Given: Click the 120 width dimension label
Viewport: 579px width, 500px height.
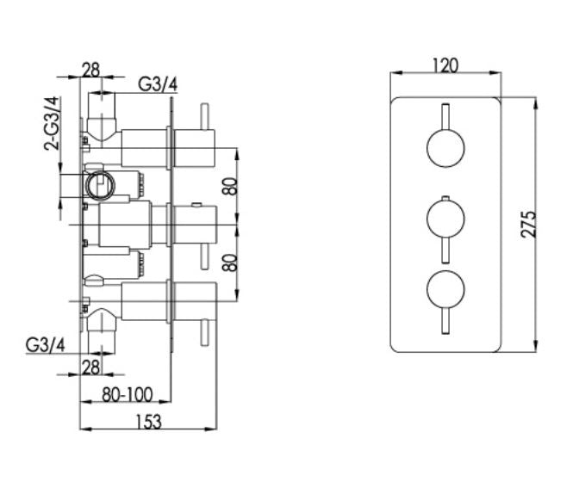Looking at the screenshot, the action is (x=445, y=65).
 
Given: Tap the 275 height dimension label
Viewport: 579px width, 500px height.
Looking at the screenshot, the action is (x=528, y=225).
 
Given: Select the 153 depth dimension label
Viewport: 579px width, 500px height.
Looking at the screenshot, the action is (x=148, y=422).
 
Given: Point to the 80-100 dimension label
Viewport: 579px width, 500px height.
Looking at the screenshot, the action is (x=127, y=394).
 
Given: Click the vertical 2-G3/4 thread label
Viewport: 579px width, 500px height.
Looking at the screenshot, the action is (x=52, y=124).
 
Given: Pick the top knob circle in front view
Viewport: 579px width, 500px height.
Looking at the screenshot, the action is (x=445, y=148).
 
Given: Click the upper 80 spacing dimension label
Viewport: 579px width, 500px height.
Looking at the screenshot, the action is (x=231, y=187).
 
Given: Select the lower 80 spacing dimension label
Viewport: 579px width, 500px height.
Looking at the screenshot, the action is (x=231, y=262).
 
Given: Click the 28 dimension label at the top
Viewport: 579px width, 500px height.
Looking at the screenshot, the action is (x=90, y=70).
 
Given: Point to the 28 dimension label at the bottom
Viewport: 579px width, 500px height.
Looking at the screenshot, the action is (x=90, y=367).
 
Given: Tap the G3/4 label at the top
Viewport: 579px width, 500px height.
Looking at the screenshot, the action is (x=158, y=84).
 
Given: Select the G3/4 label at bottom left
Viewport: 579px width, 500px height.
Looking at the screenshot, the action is (x=45, y=345).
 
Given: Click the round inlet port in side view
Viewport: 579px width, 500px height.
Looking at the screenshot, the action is (x=100, y=186).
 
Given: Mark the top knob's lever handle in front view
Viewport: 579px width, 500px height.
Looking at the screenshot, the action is (x=445, y=116).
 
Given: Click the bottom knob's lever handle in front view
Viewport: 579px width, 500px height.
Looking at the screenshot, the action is (x=445, y=322).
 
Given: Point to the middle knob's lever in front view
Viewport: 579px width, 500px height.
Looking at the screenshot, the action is (x=445, y=250).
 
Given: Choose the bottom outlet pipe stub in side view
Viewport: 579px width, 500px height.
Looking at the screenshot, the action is (x=102, y=331).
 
